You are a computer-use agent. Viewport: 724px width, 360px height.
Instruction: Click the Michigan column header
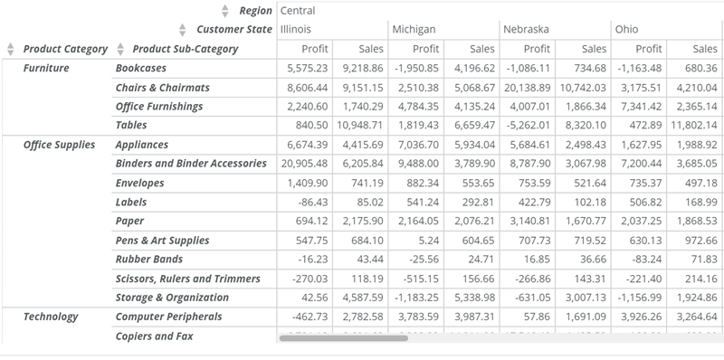pyautogui.click(x=414, y=30)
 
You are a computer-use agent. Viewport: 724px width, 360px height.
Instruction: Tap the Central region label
pyautogui.click(x=298, y=11)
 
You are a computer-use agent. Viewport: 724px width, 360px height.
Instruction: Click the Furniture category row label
pyautogui.click(x=46, y=68)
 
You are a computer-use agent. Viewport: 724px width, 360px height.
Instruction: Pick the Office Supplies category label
pyautogui.click(x=59, y=145)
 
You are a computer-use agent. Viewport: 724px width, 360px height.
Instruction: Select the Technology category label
pyautogui.click(x=51, y=317)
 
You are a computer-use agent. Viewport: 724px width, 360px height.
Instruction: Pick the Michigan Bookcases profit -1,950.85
pyautogui.click(x=414, y=68)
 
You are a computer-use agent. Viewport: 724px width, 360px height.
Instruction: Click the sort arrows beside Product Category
pyautogui.click(x=11, y=49)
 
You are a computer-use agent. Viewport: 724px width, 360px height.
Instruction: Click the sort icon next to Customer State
pyautogui.click(x=183, y=30)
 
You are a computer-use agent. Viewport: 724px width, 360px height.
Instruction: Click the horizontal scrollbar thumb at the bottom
pyautogui.click(x=344, y=338)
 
